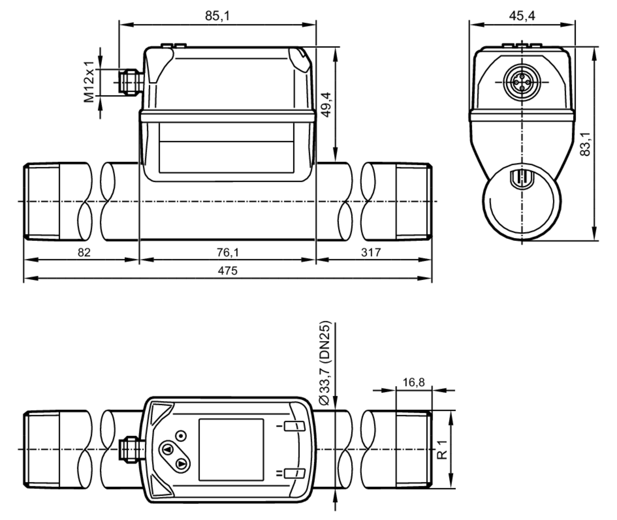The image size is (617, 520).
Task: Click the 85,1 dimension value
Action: coord(217,16)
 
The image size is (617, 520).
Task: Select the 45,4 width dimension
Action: coord(522,16)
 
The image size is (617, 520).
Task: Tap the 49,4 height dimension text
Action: coord(326,105)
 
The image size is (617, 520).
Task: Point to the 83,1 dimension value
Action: coord(585,144)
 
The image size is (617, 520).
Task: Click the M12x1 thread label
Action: coord(89,82)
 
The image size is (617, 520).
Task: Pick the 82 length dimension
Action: coord(84,253)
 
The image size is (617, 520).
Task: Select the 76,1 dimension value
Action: coord(228,253)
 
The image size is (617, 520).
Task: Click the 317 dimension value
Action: coord(371,253)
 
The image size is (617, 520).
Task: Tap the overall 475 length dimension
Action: coord(228,271)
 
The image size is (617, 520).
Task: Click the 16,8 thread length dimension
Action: coord(413,383)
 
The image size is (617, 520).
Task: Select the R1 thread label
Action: coord(442,450)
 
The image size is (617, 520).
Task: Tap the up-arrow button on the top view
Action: coord(168,449)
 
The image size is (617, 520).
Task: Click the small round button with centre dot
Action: coord(181,436)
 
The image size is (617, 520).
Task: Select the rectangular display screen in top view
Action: coord(231,449)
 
